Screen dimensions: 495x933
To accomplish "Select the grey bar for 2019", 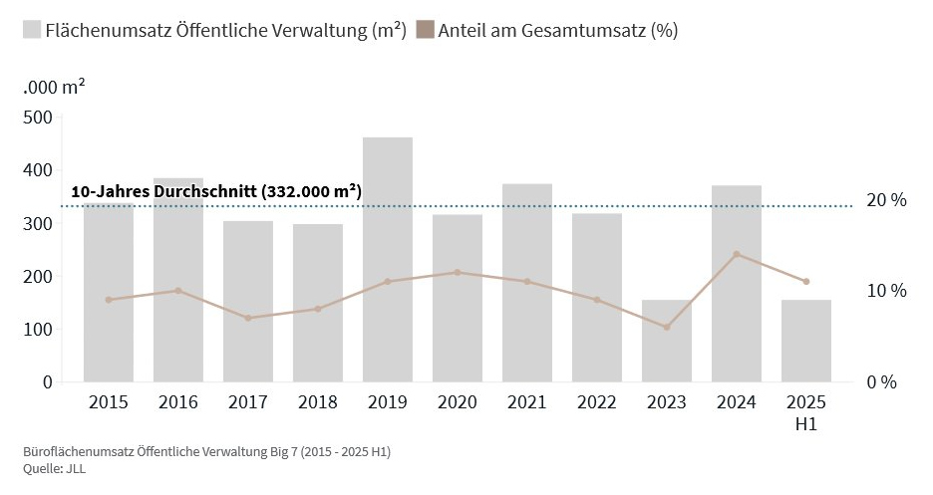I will (388, 259).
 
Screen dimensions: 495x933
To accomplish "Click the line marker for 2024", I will (737, 254).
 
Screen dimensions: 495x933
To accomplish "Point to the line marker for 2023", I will (667, 327).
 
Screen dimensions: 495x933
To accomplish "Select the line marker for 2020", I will (458, 272).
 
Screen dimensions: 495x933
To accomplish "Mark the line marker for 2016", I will (178, 291).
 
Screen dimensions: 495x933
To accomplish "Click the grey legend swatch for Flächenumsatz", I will (32, 30).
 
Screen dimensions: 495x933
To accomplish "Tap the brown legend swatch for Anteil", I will (426, 30).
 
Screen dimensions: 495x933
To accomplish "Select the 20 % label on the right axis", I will (886, 200).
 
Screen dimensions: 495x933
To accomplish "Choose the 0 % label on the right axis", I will (882, 382).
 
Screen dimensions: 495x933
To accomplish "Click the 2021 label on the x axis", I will (527, 402).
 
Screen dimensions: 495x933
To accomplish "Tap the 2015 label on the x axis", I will (109, 402).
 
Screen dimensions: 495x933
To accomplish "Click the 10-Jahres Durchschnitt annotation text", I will (216, 191).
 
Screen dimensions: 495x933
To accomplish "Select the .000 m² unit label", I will (54, 87).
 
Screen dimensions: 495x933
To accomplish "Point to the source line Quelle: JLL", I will (55, 469).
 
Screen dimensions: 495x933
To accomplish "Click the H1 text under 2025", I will (806, 424).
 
